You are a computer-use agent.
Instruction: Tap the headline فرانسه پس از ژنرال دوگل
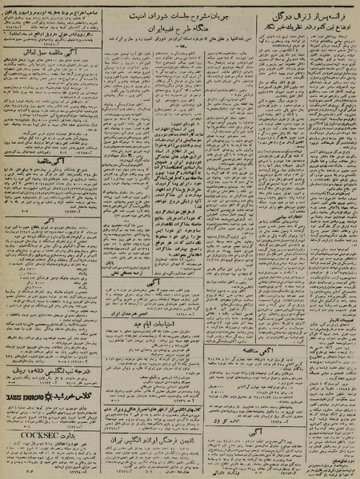(304, 14)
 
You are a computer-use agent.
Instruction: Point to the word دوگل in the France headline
(280, 14)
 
